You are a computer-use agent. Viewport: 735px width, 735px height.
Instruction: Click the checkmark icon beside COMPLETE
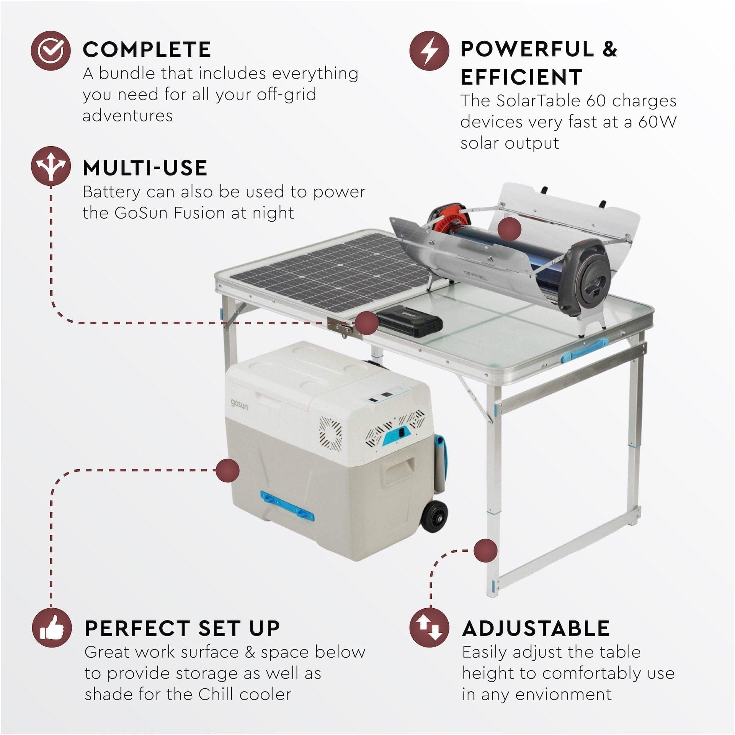(x=51, y=51)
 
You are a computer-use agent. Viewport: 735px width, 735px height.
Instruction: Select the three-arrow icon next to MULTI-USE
(x=51, y=166)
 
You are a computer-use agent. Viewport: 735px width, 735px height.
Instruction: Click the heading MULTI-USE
(x=145, y=168)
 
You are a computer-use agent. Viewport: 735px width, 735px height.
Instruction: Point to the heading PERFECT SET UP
(x=182, y=629)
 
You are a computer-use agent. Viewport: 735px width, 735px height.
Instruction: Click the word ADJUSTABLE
(x=536, y=629)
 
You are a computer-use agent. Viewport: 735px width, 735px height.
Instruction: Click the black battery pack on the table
(x=409, y=323)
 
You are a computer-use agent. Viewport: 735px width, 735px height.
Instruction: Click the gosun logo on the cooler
(x=239, y=404)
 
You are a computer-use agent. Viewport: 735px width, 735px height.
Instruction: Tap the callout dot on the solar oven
(x=510, y=229)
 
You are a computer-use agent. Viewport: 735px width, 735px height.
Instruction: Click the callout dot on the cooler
(x=227, y=470)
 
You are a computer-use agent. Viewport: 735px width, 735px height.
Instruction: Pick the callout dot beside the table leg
(x=485, y=551)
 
